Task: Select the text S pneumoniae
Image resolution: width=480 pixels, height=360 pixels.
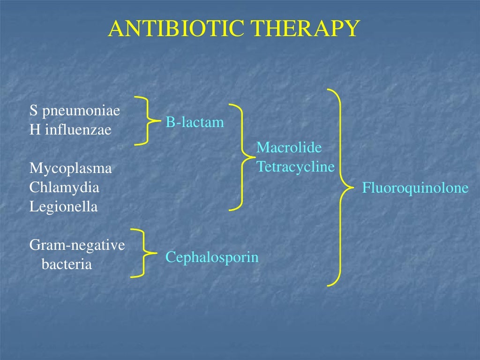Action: [75, 111]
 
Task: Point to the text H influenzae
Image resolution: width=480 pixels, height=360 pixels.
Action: [70, 130]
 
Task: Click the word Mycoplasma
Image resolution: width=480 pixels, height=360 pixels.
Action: [71, 168]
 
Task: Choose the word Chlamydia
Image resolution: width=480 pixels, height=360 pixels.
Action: [65, 187]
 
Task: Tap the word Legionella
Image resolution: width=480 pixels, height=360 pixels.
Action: [64, 207]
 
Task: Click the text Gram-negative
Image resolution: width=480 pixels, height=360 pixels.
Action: [77, 245]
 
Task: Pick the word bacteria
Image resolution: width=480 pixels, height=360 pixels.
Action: [67, 264]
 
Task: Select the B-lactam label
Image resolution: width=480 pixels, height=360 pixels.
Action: [195, 123]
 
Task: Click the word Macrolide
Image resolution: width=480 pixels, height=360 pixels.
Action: [289, 148]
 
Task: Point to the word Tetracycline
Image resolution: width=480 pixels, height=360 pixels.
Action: [296, 166]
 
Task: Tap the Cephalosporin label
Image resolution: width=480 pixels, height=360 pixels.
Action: [212, 257]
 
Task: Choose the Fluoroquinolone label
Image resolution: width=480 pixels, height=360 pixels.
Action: [415, 188]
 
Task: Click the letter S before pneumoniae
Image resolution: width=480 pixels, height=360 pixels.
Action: [33, 111]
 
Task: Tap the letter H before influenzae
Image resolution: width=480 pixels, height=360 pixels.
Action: [34, 130]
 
